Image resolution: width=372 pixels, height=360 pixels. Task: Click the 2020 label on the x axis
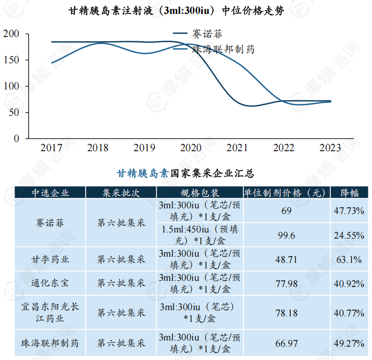click(x=191, y=148)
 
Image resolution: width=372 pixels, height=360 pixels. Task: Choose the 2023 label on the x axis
click(x=330, y=148)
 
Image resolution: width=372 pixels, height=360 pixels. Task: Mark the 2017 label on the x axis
click(x=51, y=148)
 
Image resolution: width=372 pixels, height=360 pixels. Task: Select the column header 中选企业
click(x=50, y=193)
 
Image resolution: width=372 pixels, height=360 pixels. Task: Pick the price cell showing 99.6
click(x=286, y=235)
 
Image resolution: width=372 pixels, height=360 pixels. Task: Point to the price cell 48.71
click(x=286, y=260)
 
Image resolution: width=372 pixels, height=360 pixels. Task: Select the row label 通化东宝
click(x=50, y=283)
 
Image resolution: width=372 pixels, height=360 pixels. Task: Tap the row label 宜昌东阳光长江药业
click(x=50, y=312)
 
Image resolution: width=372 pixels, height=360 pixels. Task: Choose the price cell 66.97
click(x=286, y=343)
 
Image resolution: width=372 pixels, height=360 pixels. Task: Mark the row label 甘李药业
click(x=50, y=260)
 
